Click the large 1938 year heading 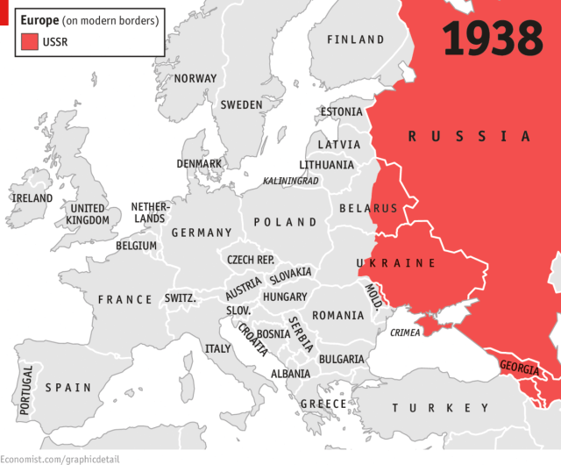pos(492,38)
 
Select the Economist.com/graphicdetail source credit pos(60,458)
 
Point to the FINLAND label pos(355,39)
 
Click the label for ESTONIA pos(341,112)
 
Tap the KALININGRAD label pos(291,181)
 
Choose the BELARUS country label pos(368,208)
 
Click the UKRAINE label pos(396,263)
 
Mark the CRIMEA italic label pos(404,333)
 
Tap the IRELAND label pos(32,198)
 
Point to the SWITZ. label pos(180,298)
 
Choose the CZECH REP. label pos(250,260)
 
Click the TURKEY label pos(441,408)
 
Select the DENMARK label pos(199,163)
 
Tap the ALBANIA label pos(290,373)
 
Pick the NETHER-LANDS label pos(148,212)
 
